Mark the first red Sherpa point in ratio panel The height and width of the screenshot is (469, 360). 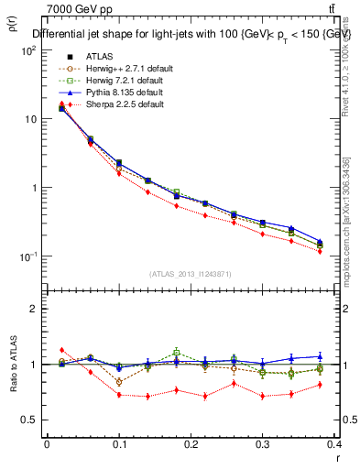click(x=61, y=350)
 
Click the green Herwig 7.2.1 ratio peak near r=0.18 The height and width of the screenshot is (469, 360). click(x=177, y=351)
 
